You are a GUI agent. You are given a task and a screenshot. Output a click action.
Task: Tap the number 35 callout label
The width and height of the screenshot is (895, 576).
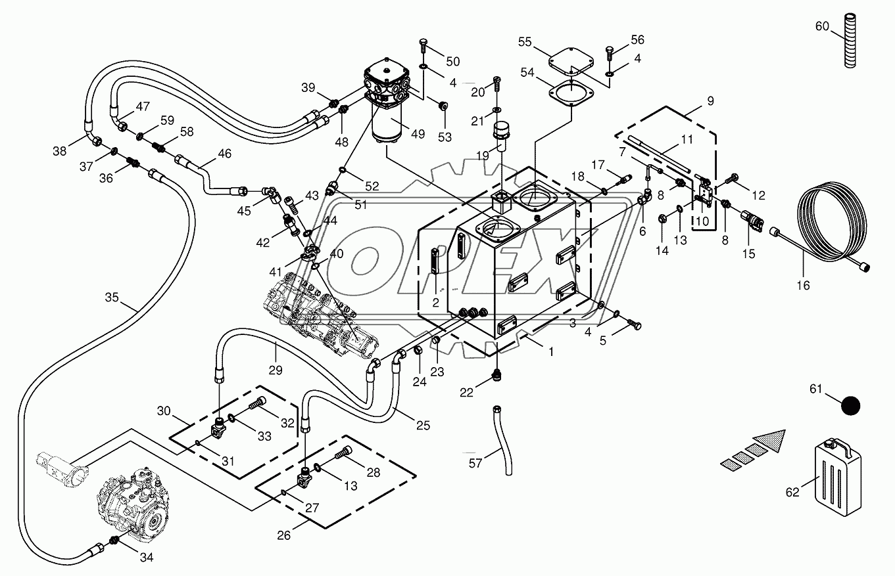pyautogui.click(x=112, y=298)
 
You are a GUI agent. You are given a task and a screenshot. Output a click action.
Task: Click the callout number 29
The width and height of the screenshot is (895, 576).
pyautogui.click(x=276, y=370)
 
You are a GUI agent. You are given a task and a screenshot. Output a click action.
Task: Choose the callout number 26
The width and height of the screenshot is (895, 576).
pyautogui.click(x=283, y=535)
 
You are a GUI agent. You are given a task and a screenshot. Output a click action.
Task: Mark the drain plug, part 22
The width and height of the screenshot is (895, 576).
pyautogui.click(x=497, y=376)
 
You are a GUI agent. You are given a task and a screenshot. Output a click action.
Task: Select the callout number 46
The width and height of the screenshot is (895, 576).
pyautogui.click(x=225, y=154)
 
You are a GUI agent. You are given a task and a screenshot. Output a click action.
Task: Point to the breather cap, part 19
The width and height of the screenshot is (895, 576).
pyautogui.click(x=504, y=133)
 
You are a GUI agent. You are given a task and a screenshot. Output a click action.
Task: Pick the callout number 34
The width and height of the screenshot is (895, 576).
pyautogui.click(x=147, y=558)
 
